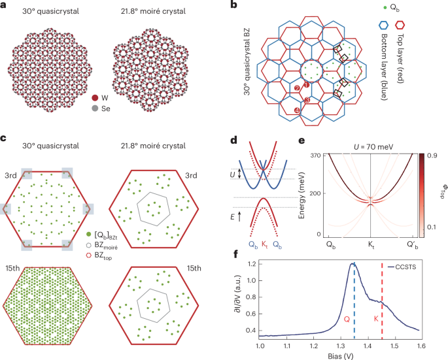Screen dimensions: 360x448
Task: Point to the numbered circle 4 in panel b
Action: (x=298, y=111)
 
